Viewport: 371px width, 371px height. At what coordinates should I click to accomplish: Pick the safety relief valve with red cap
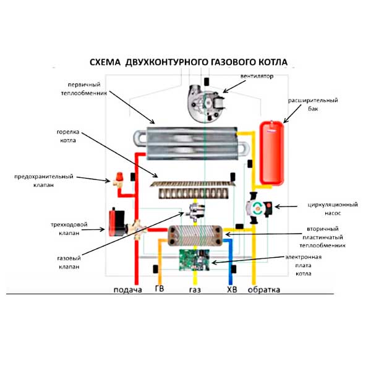click(116, 179)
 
